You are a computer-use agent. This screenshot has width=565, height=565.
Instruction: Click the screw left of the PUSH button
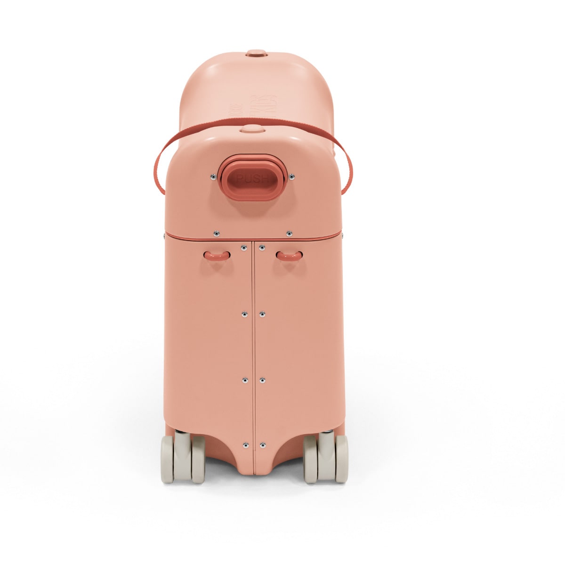(x=213, y=177)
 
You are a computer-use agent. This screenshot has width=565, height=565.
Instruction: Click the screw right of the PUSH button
(x=292, y=177)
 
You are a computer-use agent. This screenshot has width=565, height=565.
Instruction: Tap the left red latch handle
(x=217, y=255)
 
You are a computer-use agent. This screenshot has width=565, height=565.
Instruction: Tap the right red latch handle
(x=289, y=255)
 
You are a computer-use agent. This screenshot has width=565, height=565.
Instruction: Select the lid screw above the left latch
(x=216, y=233)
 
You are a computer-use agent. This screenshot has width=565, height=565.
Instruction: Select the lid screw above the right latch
(x=289, y=233)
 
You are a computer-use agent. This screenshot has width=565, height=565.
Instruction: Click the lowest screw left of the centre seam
(x=244, y=444)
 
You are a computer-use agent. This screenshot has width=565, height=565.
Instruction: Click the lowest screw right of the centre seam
(x=262, y=444)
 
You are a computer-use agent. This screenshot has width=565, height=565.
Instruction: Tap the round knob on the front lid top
(x=250, y=128)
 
